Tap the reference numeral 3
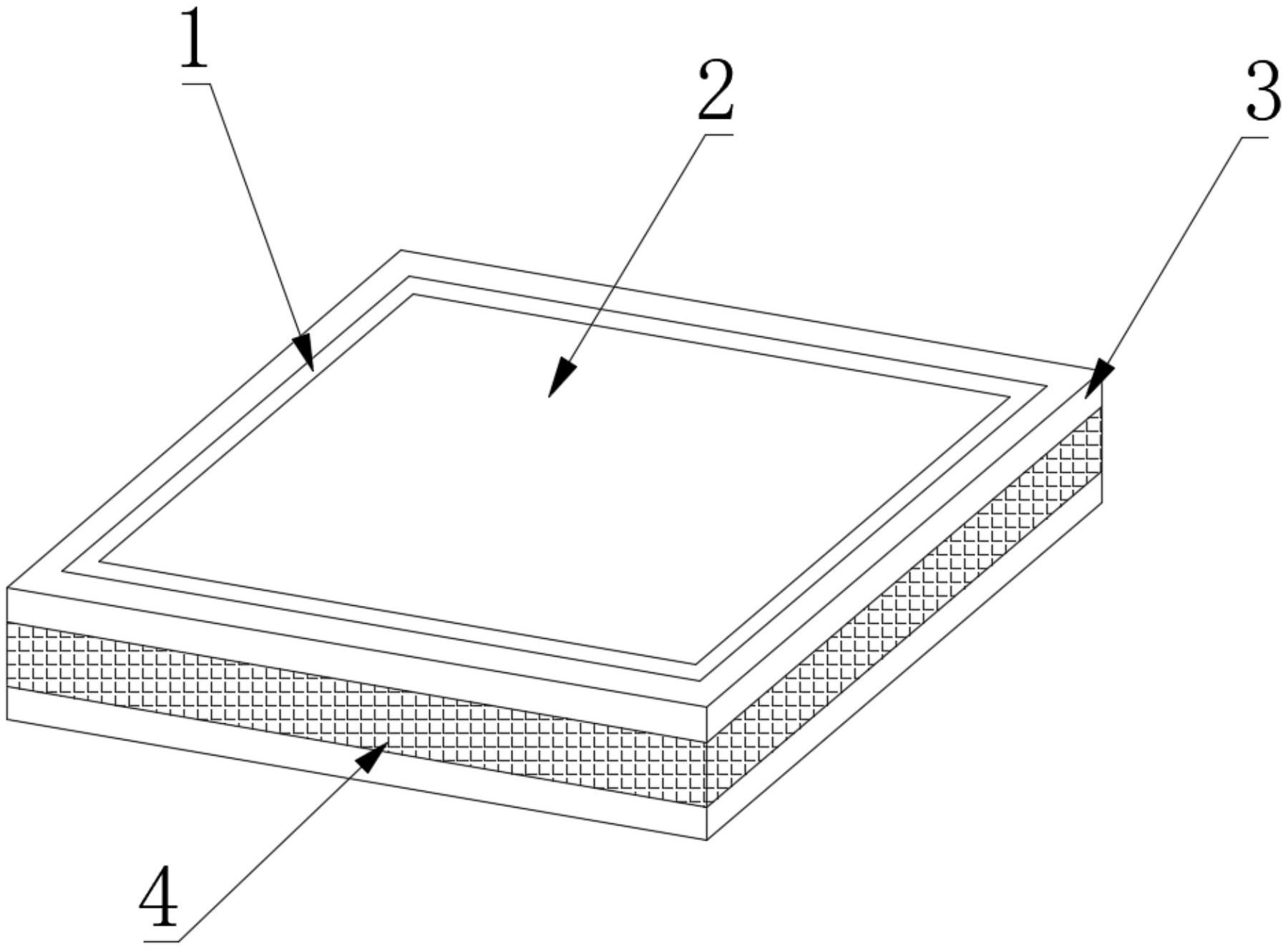(1263, 91)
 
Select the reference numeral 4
(160, 897)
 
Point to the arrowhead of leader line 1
(305, 352)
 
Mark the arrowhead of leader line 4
(373, 758)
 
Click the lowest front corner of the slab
(707, 840)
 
